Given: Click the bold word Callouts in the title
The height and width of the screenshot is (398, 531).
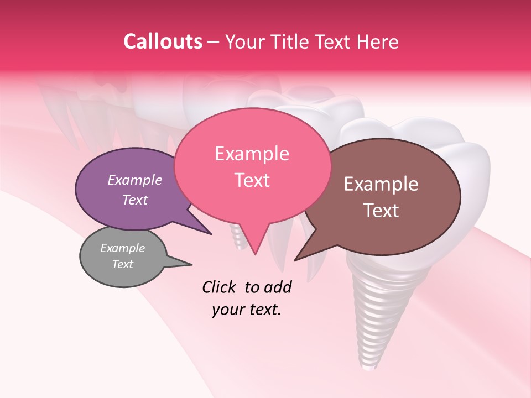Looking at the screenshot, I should (163, 41).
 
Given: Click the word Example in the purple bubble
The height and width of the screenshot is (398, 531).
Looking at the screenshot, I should (134, 180).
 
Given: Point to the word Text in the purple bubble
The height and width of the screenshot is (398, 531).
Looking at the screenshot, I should (134, 200).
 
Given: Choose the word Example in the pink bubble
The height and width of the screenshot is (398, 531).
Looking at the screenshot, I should (252, 154).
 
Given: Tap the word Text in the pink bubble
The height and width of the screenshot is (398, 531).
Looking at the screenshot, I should (252, 180).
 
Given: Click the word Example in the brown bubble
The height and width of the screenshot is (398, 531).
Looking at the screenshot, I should (381, 184).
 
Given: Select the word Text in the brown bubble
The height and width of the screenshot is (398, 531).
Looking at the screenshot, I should (381, 211).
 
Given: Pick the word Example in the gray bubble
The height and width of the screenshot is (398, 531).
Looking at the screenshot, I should (122, 248).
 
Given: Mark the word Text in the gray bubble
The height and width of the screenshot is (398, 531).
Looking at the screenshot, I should (122, 264).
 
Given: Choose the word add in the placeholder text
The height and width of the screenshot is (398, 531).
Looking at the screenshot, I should (278, 287).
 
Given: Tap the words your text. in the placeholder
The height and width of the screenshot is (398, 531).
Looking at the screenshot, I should (246, 310).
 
